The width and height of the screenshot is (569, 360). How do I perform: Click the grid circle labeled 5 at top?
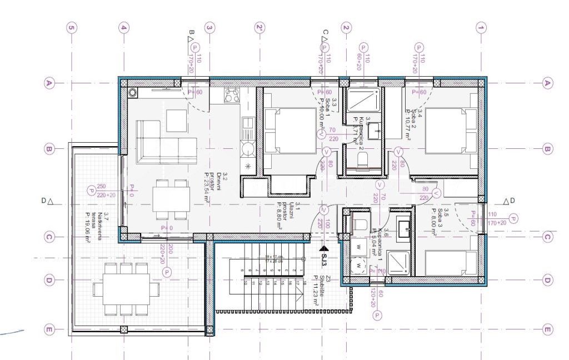(71, 27)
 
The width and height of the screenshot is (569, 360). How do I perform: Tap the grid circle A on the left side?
(49, 83)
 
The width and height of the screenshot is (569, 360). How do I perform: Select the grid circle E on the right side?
(547, 329)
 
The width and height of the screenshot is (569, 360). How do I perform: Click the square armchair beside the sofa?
(177, 120)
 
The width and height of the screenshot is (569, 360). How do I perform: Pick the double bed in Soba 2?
(451, 130)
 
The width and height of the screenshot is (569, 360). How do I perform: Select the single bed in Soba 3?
(451, 263)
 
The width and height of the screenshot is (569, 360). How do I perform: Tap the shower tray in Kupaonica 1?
(398, 263)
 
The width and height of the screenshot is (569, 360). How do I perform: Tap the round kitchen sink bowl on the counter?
(247, 148)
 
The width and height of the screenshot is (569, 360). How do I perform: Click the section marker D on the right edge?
(509, 201)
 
